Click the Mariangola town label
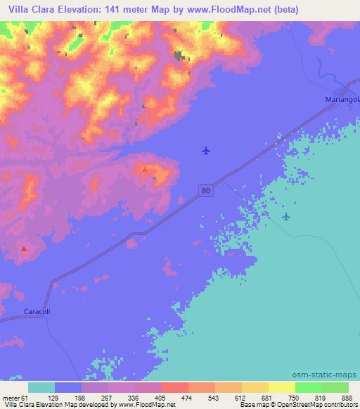click(x=341, y=99)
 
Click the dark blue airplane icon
click(x=205, y=150)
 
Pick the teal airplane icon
click(x=285, y=216)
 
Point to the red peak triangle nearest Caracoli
click(x=24, y=248)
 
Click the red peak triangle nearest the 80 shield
click(x=145, y=169)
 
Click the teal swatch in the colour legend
click(x=41, y=387)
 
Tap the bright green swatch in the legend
click(x=307, y=387)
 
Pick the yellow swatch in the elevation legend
click(x=281, y=387)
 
